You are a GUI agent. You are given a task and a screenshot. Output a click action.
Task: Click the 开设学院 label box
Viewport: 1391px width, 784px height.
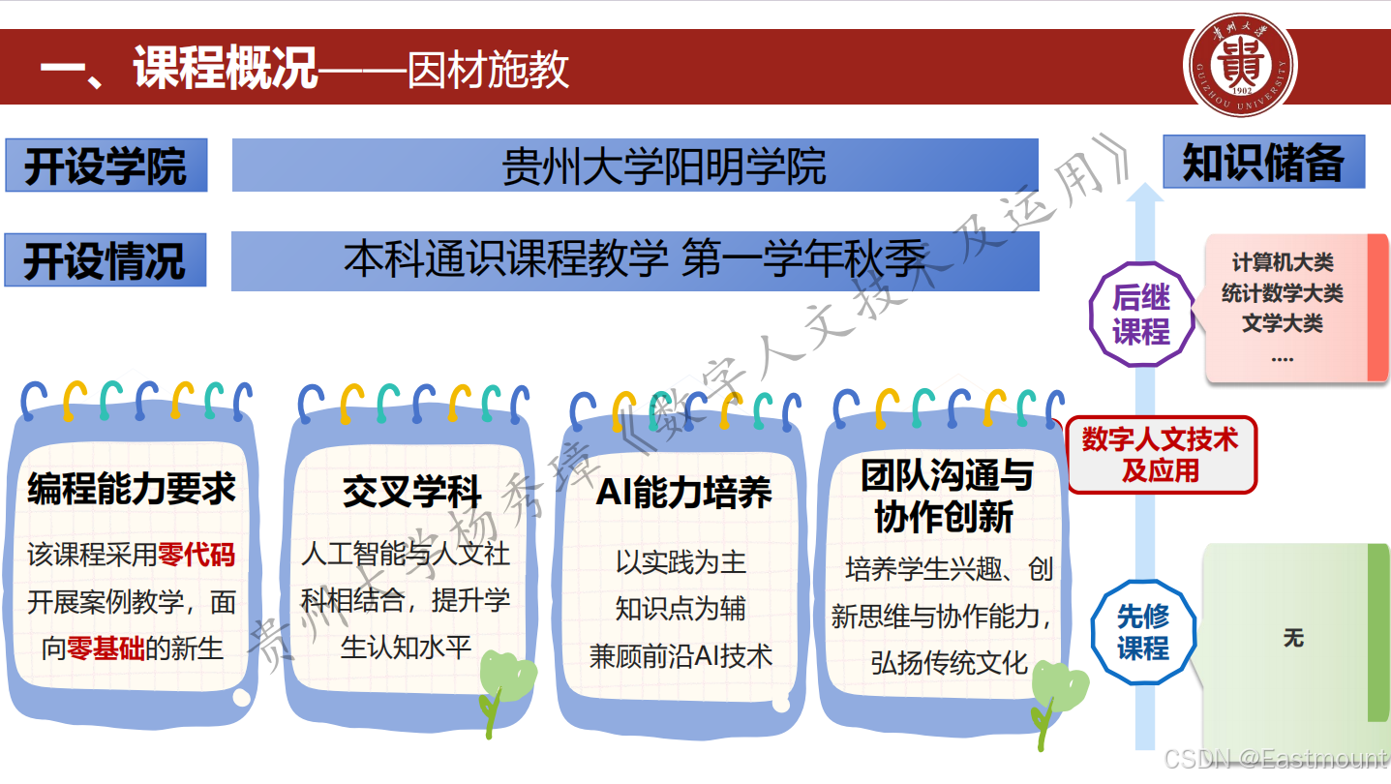106,166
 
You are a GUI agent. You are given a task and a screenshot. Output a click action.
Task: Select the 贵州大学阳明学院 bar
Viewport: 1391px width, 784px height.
635,166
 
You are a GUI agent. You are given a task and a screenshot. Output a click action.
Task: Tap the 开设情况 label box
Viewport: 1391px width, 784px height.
106,260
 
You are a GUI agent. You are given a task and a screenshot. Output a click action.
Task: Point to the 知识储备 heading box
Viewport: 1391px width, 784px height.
1263,162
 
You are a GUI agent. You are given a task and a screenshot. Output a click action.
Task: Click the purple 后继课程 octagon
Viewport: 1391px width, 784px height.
1141,315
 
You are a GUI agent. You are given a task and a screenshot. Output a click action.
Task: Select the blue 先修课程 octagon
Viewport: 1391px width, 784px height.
1143,632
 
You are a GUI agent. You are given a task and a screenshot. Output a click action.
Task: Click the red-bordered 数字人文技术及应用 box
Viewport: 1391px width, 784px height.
1161,455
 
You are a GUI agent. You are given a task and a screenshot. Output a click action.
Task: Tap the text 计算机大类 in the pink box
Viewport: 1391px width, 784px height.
1283,262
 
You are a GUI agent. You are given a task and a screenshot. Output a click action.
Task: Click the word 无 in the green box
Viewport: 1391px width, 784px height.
1293,638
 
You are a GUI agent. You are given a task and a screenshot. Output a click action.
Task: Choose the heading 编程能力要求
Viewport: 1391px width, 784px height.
132,490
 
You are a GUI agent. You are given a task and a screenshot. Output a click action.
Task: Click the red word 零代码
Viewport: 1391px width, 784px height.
197,555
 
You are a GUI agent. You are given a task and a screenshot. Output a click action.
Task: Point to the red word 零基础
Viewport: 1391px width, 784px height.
106,648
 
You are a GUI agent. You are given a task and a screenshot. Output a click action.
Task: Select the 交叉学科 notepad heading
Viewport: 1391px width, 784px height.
411,492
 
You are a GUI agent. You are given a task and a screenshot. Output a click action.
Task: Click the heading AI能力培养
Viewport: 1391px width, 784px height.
683,493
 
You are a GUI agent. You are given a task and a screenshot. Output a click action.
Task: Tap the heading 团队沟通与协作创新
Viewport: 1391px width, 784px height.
946,497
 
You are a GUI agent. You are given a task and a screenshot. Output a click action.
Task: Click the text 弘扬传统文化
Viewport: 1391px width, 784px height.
949,663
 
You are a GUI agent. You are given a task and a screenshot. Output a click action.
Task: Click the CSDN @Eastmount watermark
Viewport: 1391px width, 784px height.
1275,760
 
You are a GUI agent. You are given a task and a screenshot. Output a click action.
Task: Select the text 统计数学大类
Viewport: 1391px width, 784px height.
1283,293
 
